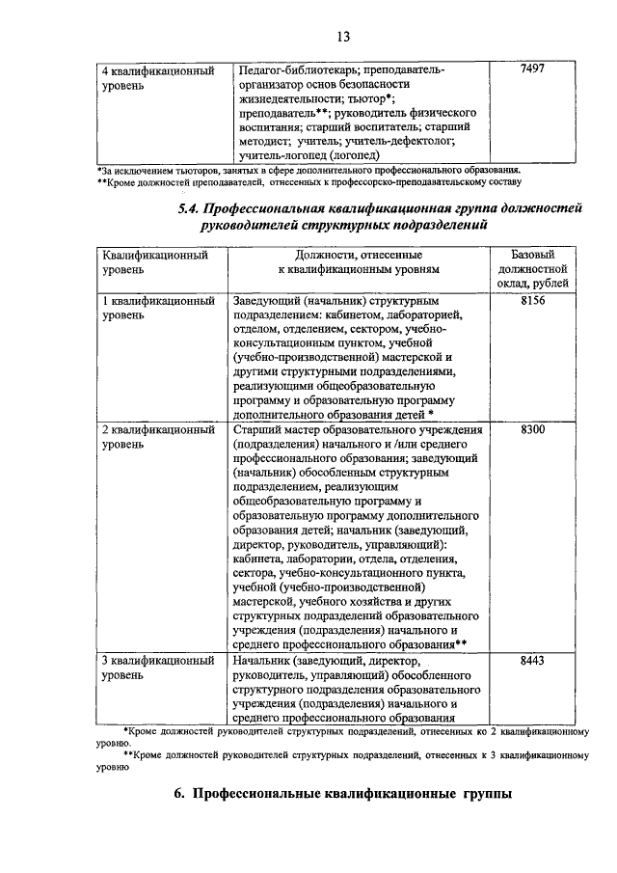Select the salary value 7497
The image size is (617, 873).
pos(532,71)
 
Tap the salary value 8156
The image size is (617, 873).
pos(532,302)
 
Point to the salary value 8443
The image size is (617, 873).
pos(532,661)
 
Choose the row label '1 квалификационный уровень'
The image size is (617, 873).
pos(158,309)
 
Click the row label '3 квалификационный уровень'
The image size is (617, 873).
pos(158,668)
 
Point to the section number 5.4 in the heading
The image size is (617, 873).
pos(193,208)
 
